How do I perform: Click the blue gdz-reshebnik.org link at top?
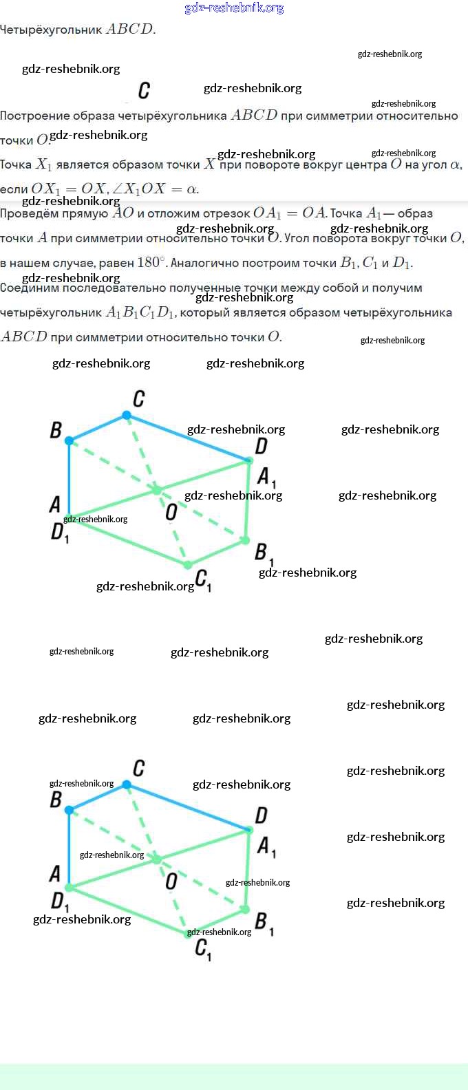[x=234, y=8]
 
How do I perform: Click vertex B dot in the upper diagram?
[x=70, y=440]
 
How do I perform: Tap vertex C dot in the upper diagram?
[x=127, y=415]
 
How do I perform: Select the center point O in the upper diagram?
[x=157, y=490]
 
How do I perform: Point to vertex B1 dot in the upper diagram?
[x=244, y=540]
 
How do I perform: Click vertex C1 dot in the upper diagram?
[x=187, y=565]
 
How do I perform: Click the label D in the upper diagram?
[x=261, y=447]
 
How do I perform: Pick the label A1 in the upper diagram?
[x=266, y=477]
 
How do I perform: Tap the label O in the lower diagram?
[x=171, y=881]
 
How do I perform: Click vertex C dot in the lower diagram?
[x=127, y=784]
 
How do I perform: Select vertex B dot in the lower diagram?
[x=70, y=810]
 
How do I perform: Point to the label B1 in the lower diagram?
[x=264, y=922]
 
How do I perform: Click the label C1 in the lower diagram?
[x=202, y=949]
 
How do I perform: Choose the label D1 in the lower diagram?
[x=60, y=901]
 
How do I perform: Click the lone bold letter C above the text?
[x=144, y=91]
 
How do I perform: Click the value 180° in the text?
[x=151, y=262]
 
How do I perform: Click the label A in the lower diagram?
[x=55, y=874]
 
